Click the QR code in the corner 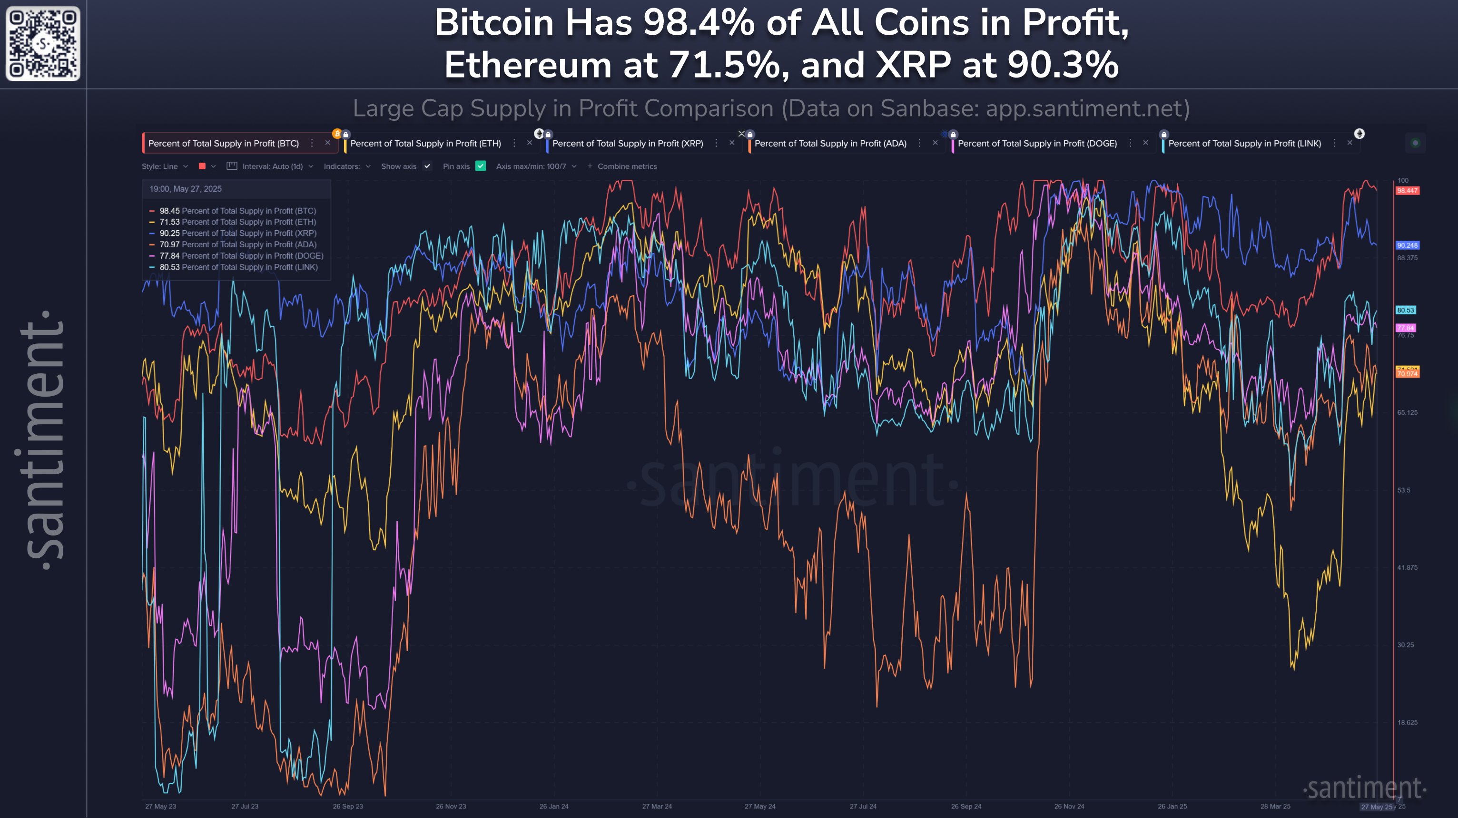pos(43,44)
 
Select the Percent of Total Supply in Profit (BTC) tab pos(224,144)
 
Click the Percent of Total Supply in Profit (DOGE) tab pos(1037,144)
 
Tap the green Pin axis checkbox pos(481,166)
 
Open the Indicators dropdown pos(346,166)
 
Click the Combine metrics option pos(627,166)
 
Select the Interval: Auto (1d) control pos(272,166)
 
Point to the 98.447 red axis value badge pos(1407,191)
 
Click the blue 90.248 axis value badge pos(1407,245)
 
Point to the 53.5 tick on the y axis pos(1404,490)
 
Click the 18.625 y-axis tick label pos(1407,722)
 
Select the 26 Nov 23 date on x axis pos(451,806)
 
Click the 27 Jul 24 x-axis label pos(863,806)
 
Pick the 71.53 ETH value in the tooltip pos(169,222)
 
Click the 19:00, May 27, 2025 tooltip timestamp pos(186,189)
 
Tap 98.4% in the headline pos(699,24)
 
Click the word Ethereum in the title pos(528,65)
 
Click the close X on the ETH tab pos(529,143)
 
